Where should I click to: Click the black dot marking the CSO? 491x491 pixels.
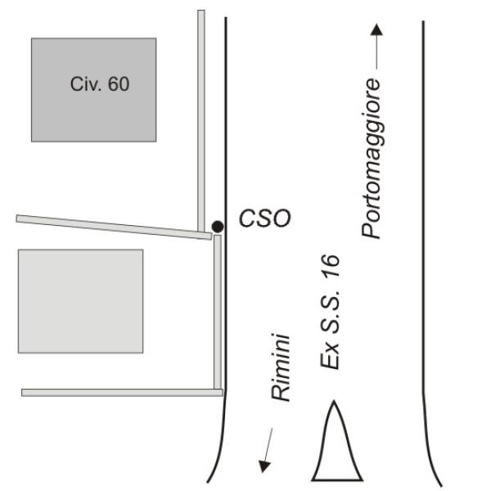(x=218, y=227)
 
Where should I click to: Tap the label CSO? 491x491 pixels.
(x=265, y=218)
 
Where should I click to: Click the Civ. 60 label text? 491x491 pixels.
(x=100, y=84)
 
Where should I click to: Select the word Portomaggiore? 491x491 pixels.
(x=372, y=158)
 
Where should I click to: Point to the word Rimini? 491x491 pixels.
(x=281, y=367)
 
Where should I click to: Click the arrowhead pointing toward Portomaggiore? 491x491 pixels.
(x=376, y=29)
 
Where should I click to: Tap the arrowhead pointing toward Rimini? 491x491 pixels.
(x=264, y=466)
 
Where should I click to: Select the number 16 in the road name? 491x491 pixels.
(x=330, y=266)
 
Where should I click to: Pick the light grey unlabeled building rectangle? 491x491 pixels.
(x=81, y=301)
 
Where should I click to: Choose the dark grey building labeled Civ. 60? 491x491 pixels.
(x=93, y=90)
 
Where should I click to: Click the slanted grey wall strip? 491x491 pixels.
(x=114, y=227)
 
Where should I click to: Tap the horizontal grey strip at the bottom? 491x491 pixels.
(x=122, y=393)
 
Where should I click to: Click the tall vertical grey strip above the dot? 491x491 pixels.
(x=201, y=121)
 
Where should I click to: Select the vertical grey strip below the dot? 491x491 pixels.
(x=218, y=313)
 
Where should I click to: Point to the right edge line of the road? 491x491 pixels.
(x=423, y=250)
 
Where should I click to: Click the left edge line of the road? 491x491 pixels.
(x=226, y=250)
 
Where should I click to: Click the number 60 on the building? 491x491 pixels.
(x=119, y=84)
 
